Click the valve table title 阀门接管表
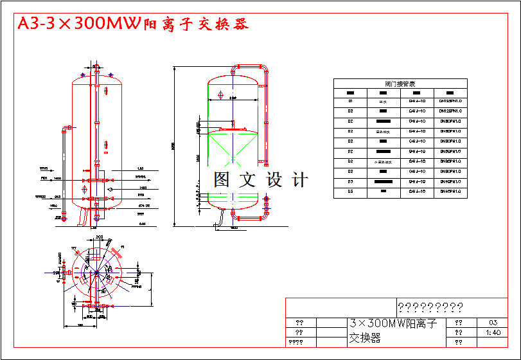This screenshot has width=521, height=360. (x=400, y=84)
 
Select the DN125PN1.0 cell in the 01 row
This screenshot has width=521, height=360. (x=450, y=101)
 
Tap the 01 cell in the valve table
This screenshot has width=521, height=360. (x=350, y=101)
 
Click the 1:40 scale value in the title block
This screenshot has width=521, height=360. (x=493, y=332)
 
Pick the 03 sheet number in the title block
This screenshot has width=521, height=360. (x=493, y=323)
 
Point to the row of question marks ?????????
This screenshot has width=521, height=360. (x=430, y=307)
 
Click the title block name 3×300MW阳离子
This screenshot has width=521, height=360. (x=393, y=323)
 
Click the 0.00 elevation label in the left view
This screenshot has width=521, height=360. (x=143, y=223)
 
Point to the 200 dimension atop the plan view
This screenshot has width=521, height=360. (x=100, y=237)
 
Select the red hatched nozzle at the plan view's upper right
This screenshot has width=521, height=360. (x=115, y=251)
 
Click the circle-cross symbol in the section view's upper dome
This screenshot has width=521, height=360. (x=221, y=96)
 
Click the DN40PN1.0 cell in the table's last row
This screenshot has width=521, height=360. (x=450, y=191)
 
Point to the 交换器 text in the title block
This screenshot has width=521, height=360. (x=364, y=338)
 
